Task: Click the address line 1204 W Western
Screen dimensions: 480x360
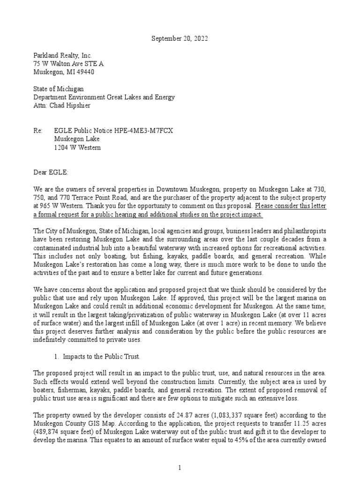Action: tap(77, 147)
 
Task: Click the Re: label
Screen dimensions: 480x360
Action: tap(38, 130)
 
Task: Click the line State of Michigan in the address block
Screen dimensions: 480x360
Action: tap(58, 89)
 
